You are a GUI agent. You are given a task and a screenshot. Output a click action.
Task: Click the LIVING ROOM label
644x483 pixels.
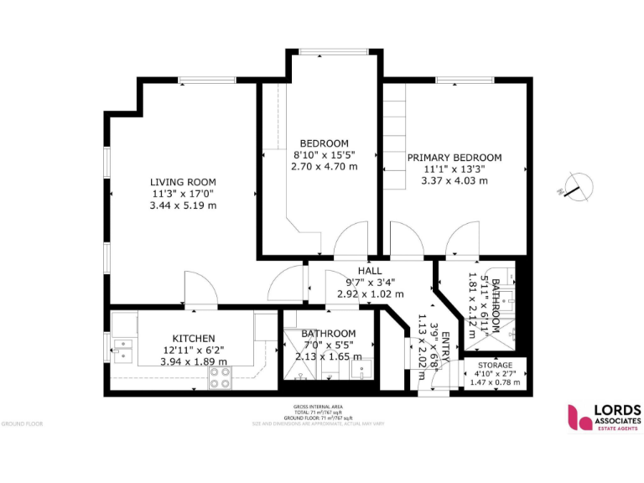[x=183, y=182]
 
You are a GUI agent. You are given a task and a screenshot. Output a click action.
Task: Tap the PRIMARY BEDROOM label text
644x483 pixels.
[x=454, y=158]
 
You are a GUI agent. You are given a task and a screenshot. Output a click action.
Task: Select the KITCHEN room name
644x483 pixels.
[x=194, y=338]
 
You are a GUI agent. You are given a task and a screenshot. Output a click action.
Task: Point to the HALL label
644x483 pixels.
[x=370, y=271]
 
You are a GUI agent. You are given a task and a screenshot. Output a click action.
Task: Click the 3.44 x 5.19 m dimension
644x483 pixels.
[x=183, y=205]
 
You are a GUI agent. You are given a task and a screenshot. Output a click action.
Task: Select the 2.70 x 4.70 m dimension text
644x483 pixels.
[x=324, y=167]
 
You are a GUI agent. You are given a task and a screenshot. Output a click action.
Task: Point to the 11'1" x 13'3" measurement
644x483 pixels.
[x=454, y=169]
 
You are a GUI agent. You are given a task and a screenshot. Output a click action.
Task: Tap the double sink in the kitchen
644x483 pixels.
[x=123, y=348]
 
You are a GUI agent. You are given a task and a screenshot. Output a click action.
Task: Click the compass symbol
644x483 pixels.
[x=574, y=186]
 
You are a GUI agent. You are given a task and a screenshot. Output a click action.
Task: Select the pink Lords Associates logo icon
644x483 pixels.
[x=579, y=417]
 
